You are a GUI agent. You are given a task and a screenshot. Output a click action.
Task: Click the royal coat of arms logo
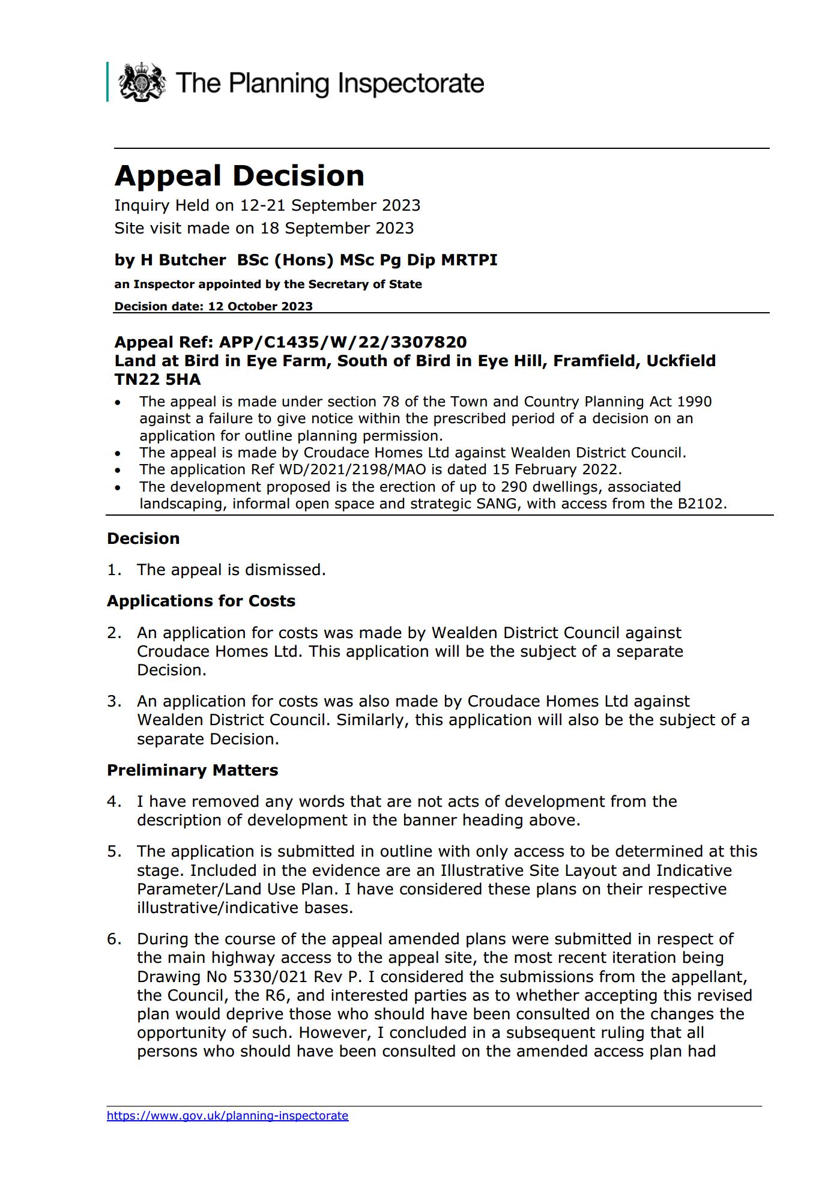pyautogui.click(x=142, y=82)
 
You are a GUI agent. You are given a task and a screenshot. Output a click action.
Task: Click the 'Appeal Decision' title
pyautogui.click(x=239, y=176)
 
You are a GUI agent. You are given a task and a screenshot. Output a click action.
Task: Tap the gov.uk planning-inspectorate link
pyautogui.click(x=228, y=1115)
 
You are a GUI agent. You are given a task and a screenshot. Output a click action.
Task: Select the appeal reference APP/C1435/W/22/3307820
pyautogui.click(x=343, y=342)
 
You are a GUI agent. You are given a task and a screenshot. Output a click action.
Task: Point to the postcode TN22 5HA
pyautogui.click(x=157, y=379)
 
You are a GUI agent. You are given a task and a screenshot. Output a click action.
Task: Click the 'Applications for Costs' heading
pyautogui.click(x=201, y=601)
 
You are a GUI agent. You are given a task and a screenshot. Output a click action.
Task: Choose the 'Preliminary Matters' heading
pyautogui.click(x=192, y=770)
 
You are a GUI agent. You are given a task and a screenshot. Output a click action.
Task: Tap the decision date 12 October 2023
pyautogui.click(x=260, y=306)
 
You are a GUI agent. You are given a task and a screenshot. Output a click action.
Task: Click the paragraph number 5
pyautogui.click(x=113, y=851)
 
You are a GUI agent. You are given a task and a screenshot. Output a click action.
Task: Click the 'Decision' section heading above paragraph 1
pyautogui.click(x=143, y=538)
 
